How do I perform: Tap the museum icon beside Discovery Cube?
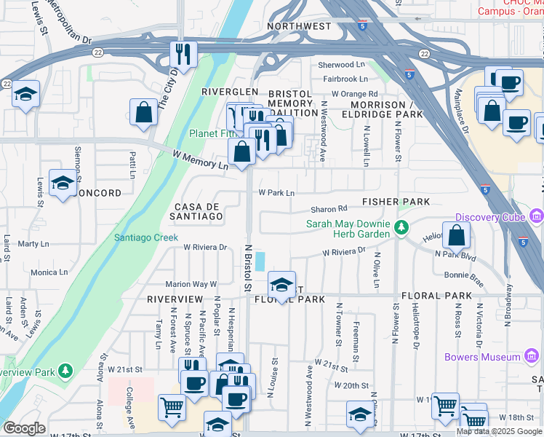(x=537, y=216)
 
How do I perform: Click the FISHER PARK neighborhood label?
(x=397, y=201)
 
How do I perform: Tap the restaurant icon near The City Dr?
(x=183, y=53)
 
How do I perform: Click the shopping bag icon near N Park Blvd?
(x=456, y=235)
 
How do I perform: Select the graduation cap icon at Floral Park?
(x=281, y=283)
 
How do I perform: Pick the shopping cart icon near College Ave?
(x=172, y=408)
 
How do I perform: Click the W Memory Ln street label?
(x=201, y=158)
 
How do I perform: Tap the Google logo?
(x=24, y=428)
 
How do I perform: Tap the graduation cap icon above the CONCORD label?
(x=63, y=182)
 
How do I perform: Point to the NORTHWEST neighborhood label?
(x=298, y=26)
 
